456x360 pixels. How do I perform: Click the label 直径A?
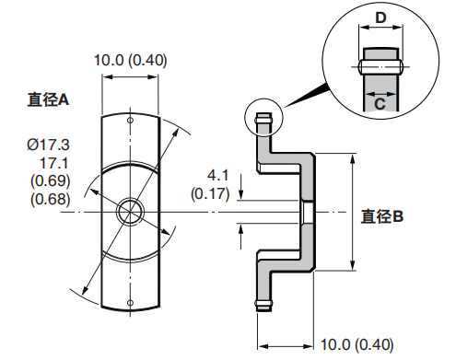pyautogui.click(x=48, y=99)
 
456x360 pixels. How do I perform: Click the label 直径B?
pyautogui.click(x=382, y=216)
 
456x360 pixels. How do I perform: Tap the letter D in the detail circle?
pyautogui.click(x=380, y=18)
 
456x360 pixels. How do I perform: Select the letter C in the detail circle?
pyautogui.click(x=380, y=104)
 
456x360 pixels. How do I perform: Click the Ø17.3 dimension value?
pyautogui.click(x=49, y=145)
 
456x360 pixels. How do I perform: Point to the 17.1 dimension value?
pyautogui.click(x=54, y=163)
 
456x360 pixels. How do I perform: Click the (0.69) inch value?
pyautogui.click(x=51, y=180)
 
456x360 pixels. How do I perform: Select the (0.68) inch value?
pyautogui.click(x=51, y=199)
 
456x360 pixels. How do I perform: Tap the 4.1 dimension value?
pyautogui.click(x=218, y=175)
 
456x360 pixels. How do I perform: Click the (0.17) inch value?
pyautogui.click(x=210, y=193)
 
